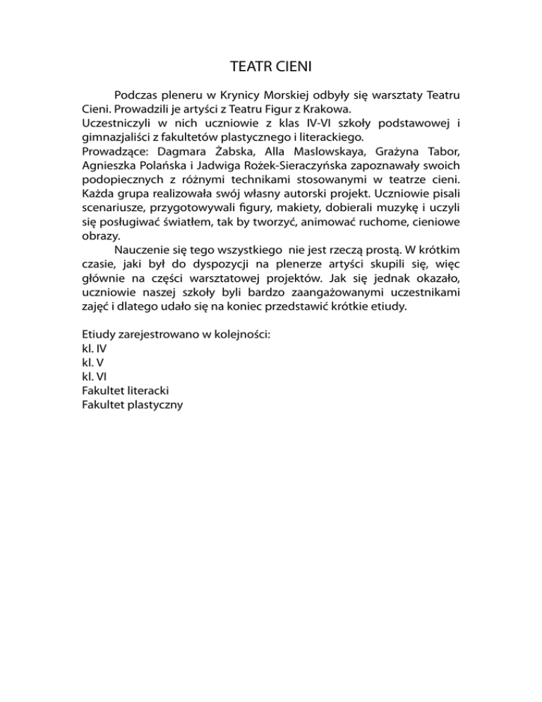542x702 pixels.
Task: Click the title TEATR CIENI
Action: click(x=271, y=68)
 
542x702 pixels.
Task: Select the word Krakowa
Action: click(x=326, y=109)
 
